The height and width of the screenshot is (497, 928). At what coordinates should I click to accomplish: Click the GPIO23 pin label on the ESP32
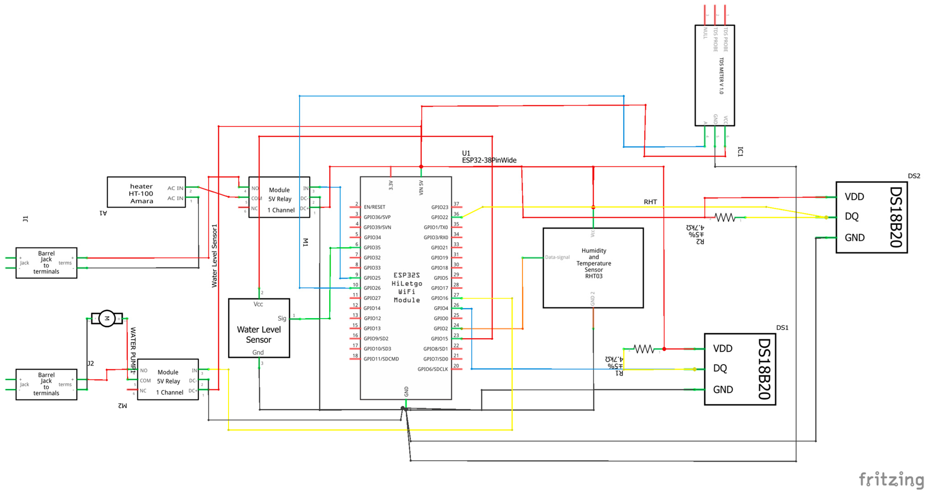(440, 207)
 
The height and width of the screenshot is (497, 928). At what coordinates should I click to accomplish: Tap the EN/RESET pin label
(374, 207)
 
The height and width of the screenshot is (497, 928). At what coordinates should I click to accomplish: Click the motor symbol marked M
(107, 319)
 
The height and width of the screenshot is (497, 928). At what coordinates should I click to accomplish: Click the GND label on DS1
(723, 390)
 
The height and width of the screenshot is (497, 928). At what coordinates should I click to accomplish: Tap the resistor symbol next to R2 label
(725, 217)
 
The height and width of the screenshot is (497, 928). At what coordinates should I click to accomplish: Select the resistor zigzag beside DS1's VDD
(643, 349)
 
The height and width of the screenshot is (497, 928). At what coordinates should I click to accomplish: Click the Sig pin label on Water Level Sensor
(282, 319)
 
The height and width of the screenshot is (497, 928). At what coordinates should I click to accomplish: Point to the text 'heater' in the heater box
(141, 186)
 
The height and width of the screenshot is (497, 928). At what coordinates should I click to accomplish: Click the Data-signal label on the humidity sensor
(557, 257)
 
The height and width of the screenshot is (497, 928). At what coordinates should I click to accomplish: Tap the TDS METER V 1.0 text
(721, 76)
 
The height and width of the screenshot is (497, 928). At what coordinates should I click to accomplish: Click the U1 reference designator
(466, 153)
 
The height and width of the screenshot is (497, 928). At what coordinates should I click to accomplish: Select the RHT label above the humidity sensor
(650, 202)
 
